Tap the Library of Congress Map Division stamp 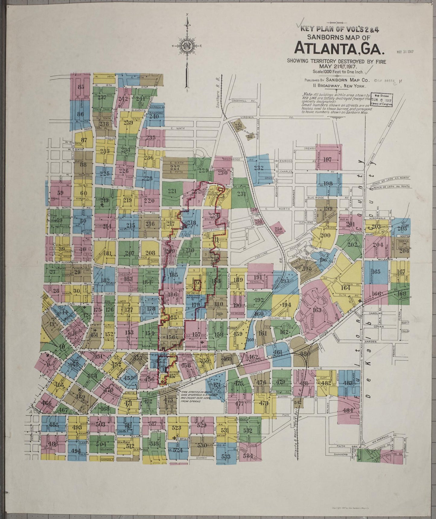[x=381, y=100]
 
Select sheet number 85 [x=81, y=87]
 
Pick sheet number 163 [x=317, y=310]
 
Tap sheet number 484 [x=348, y=410]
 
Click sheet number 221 [x=172, y=191]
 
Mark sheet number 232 [x=259, y=168]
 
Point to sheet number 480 [x=306, y=354]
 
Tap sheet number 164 [x=345, y=288]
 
